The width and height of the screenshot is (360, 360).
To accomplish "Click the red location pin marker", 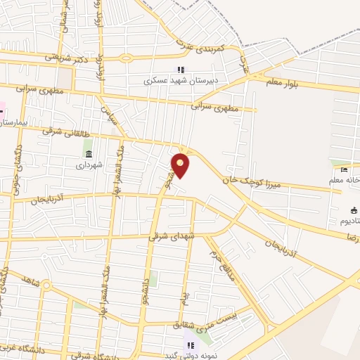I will (181, 165).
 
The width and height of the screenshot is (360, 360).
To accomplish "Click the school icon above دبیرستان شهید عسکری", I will (180, 70).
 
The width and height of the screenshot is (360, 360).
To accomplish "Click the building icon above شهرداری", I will (88, 154).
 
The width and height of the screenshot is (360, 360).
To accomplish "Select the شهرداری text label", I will (89, 165).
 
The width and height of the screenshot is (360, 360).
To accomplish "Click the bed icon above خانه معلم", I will (344, 169).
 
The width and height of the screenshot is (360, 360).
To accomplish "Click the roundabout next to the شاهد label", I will (46, 285).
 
